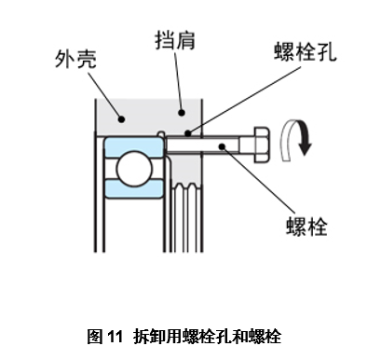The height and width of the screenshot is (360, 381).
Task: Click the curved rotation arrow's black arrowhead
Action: pos(303,147)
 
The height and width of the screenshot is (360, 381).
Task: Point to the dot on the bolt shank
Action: pos(223,145)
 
